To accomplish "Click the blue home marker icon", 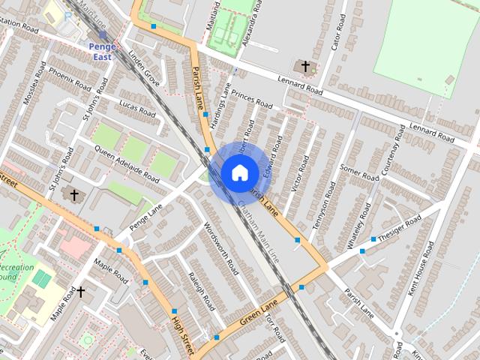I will click(x=239, y=173).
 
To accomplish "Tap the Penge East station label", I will click(x=102, y=51).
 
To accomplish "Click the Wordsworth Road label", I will click(x=221, y=247).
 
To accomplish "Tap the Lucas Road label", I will click(x=136, y=106).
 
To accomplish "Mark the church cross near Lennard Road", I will click(x=305, y=67).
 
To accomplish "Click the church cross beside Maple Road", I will click(x=81, y=291).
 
